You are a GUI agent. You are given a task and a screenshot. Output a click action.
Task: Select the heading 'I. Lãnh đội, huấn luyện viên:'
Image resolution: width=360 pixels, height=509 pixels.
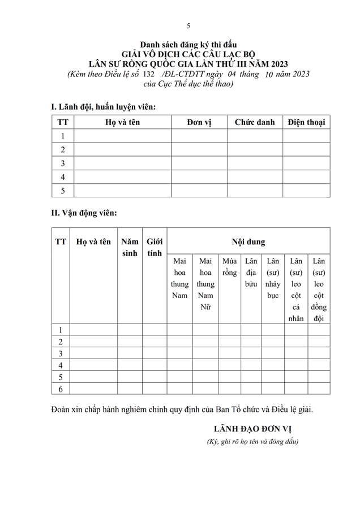click(x=104, y=106)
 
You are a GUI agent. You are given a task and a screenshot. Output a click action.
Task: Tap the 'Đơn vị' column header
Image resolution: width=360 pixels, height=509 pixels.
click(x=199, y=122)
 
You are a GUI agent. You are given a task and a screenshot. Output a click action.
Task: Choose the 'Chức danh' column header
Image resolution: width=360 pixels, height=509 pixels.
click(x=255, y=122)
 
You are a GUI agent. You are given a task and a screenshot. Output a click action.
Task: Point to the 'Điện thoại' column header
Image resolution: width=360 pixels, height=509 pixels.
click(x=306, y=122)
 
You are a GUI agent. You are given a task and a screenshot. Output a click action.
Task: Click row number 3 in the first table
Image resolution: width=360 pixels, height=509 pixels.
click(x=63, y=163)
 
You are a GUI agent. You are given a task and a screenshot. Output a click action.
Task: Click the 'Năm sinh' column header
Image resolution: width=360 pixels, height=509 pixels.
click(x=130, y=248)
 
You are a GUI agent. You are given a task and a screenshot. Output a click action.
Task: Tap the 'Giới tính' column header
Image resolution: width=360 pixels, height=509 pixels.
click(x=155, y=248)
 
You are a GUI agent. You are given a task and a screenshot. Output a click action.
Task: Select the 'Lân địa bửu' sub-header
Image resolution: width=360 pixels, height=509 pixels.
click(x=251, y=273)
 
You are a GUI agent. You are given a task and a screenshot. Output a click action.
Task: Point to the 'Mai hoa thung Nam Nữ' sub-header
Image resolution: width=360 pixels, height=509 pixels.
click(x=205, y=284)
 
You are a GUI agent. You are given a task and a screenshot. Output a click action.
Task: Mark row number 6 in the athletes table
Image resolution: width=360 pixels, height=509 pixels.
click(x=61, y=389)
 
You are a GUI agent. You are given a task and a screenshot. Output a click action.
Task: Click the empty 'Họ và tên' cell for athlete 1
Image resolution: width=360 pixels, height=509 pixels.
click(x=93, y=330)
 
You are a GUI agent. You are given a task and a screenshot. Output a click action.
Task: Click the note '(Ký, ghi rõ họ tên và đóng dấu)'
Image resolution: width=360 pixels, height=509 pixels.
click(x=252, y=442)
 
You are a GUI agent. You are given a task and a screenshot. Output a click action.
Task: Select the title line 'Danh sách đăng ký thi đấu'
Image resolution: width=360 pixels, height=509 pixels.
click(x=188, y=44)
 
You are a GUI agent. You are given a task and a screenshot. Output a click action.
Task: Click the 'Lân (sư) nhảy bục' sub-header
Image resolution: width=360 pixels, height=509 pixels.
click(x=273, y=278)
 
